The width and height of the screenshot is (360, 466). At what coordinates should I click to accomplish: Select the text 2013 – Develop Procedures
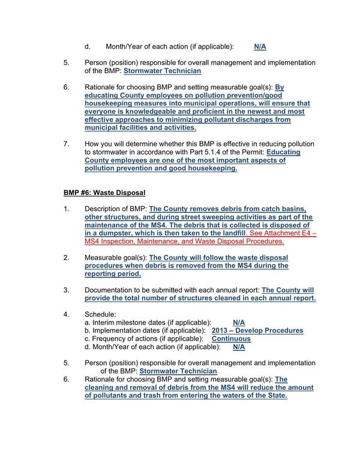point(257,330)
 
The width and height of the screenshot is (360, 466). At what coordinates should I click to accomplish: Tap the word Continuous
point(232,338)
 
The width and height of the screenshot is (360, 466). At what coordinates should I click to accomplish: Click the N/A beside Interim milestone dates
point(239,322)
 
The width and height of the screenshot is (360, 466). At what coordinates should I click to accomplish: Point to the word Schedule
point(100,314)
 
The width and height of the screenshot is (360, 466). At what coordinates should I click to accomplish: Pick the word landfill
point(229,232)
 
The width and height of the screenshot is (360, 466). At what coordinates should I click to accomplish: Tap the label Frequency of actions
point(125,338)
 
